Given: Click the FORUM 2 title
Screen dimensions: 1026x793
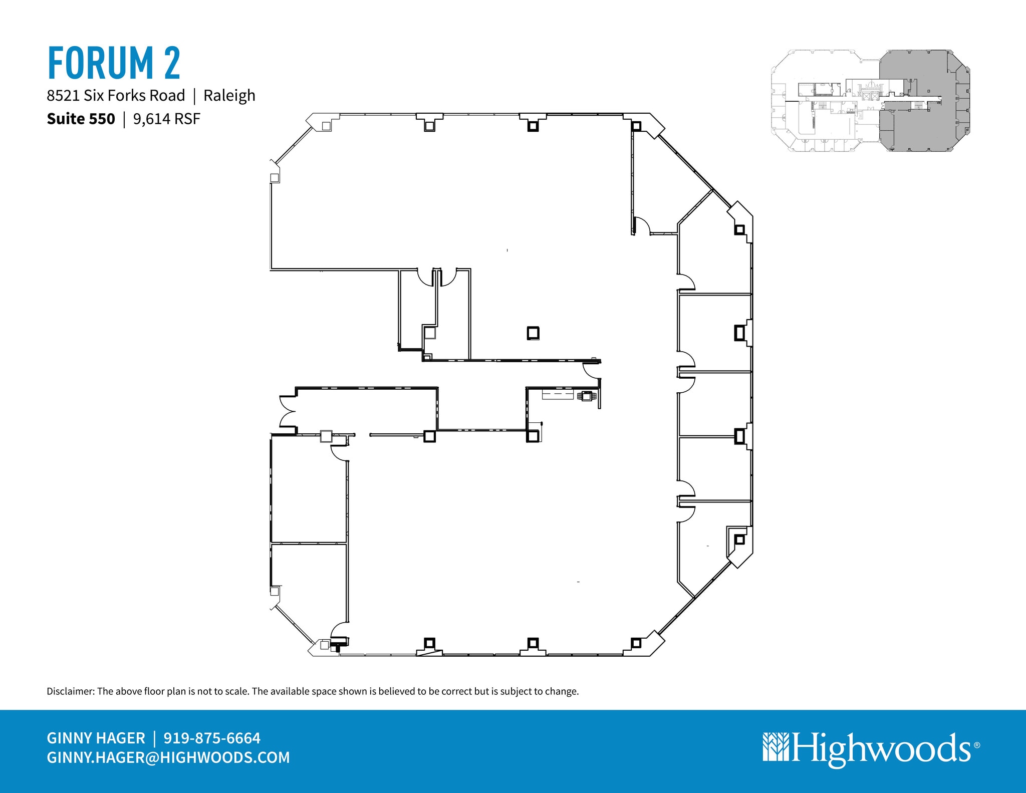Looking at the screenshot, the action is pos(114,63).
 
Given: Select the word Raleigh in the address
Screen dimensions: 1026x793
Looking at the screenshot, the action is pos(229,96).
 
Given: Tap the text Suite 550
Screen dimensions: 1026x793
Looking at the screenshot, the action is pos(81,119).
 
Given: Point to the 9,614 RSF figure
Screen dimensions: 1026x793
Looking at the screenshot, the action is pos(167,119).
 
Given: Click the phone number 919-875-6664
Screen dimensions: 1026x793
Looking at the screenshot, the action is pos(212,738).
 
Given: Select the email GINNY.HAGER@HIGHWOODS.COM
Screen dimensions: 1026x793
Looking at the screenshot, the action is pos(168,757).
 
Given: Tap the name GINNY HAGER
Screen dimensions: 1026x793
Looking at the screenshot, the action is pos(96,738).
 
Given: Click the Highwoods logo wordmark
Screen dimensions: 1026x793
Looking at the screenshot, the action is pos(881,749).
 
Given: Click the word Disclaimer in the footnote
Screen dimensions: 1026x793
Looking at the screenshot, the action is pos(70,691).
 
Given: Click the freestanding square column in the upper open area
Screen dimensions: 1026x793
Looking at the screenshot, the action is pos(533,333).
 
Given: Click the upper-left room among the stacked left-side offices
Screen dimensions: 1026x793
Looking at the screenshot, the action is pos(309,489).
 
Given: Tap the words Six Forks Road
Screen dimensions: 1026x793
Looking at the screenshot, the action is pos(134,96).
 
